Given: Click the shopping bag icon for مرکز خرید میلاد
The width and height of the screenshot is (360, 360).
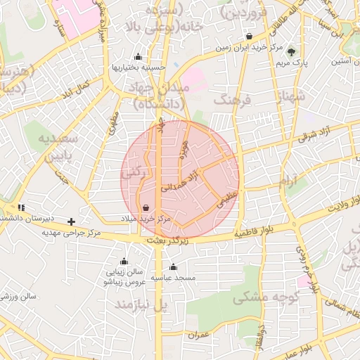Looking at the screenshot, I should [x=146, y=208].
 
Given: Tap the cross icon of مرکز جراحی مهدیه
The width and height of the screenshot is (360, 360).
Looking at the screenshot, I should [x=72, y=221].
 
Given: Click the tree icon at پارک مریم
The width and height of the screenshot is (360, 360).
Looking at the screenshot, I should [x=292, y=51].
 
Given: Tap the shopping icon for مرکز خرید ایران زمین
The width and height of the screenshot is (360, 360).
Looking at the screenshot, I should [x=249, y=37].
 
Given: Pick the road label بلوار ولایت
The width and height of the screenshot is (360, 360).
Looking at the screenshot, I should [x=333, y=210].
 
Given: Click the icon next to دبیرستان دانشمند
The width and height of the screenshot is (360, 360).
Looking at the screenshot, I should [x=21, y=207].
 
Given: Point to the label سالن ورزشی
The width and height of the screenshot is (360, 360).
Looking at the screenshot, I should [x=18, y=297].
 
